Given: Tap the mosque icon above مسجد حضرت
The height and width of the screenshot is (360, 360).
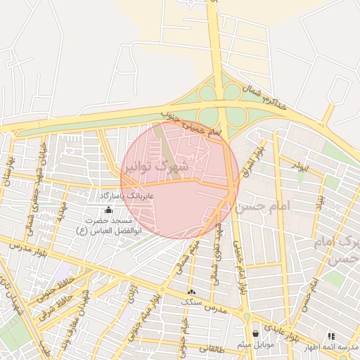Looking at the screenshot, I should click(108, 210).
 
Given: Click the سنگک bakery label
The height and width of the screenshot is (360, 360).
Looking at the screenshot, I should click(191, 302).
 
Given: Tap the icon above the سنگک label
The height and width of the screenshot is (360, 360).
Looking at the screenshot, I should click(191, 291).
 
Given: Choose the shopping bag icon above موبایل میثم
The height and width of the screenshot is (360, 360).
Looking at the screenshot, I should click(255, 333).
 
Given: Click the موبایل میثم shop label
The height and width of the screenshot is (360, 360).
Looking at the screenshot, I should click(255, 344).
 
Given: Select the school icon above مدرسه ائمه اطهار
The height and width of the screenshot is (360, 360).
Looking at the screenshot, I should click(330, 337).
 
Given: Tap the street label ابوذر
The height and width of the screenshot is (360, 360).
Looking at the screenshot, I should click(299, 167).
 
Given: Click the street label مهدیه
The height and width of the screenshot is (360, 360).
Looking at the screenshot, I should click(62, 209).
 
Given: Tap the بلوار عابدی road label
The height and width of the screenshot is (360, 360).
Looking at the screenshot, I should click(295, 328).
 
